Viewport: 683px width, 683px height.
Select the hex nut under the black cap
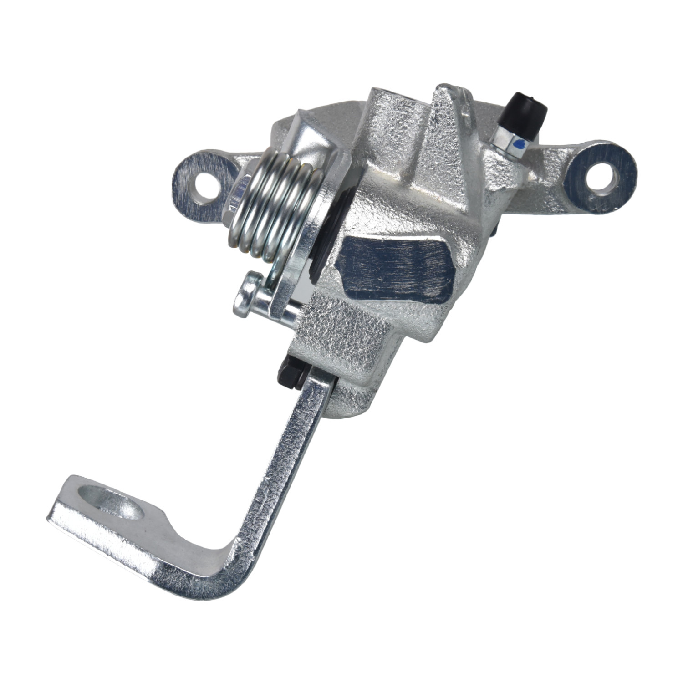[509, 139]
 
